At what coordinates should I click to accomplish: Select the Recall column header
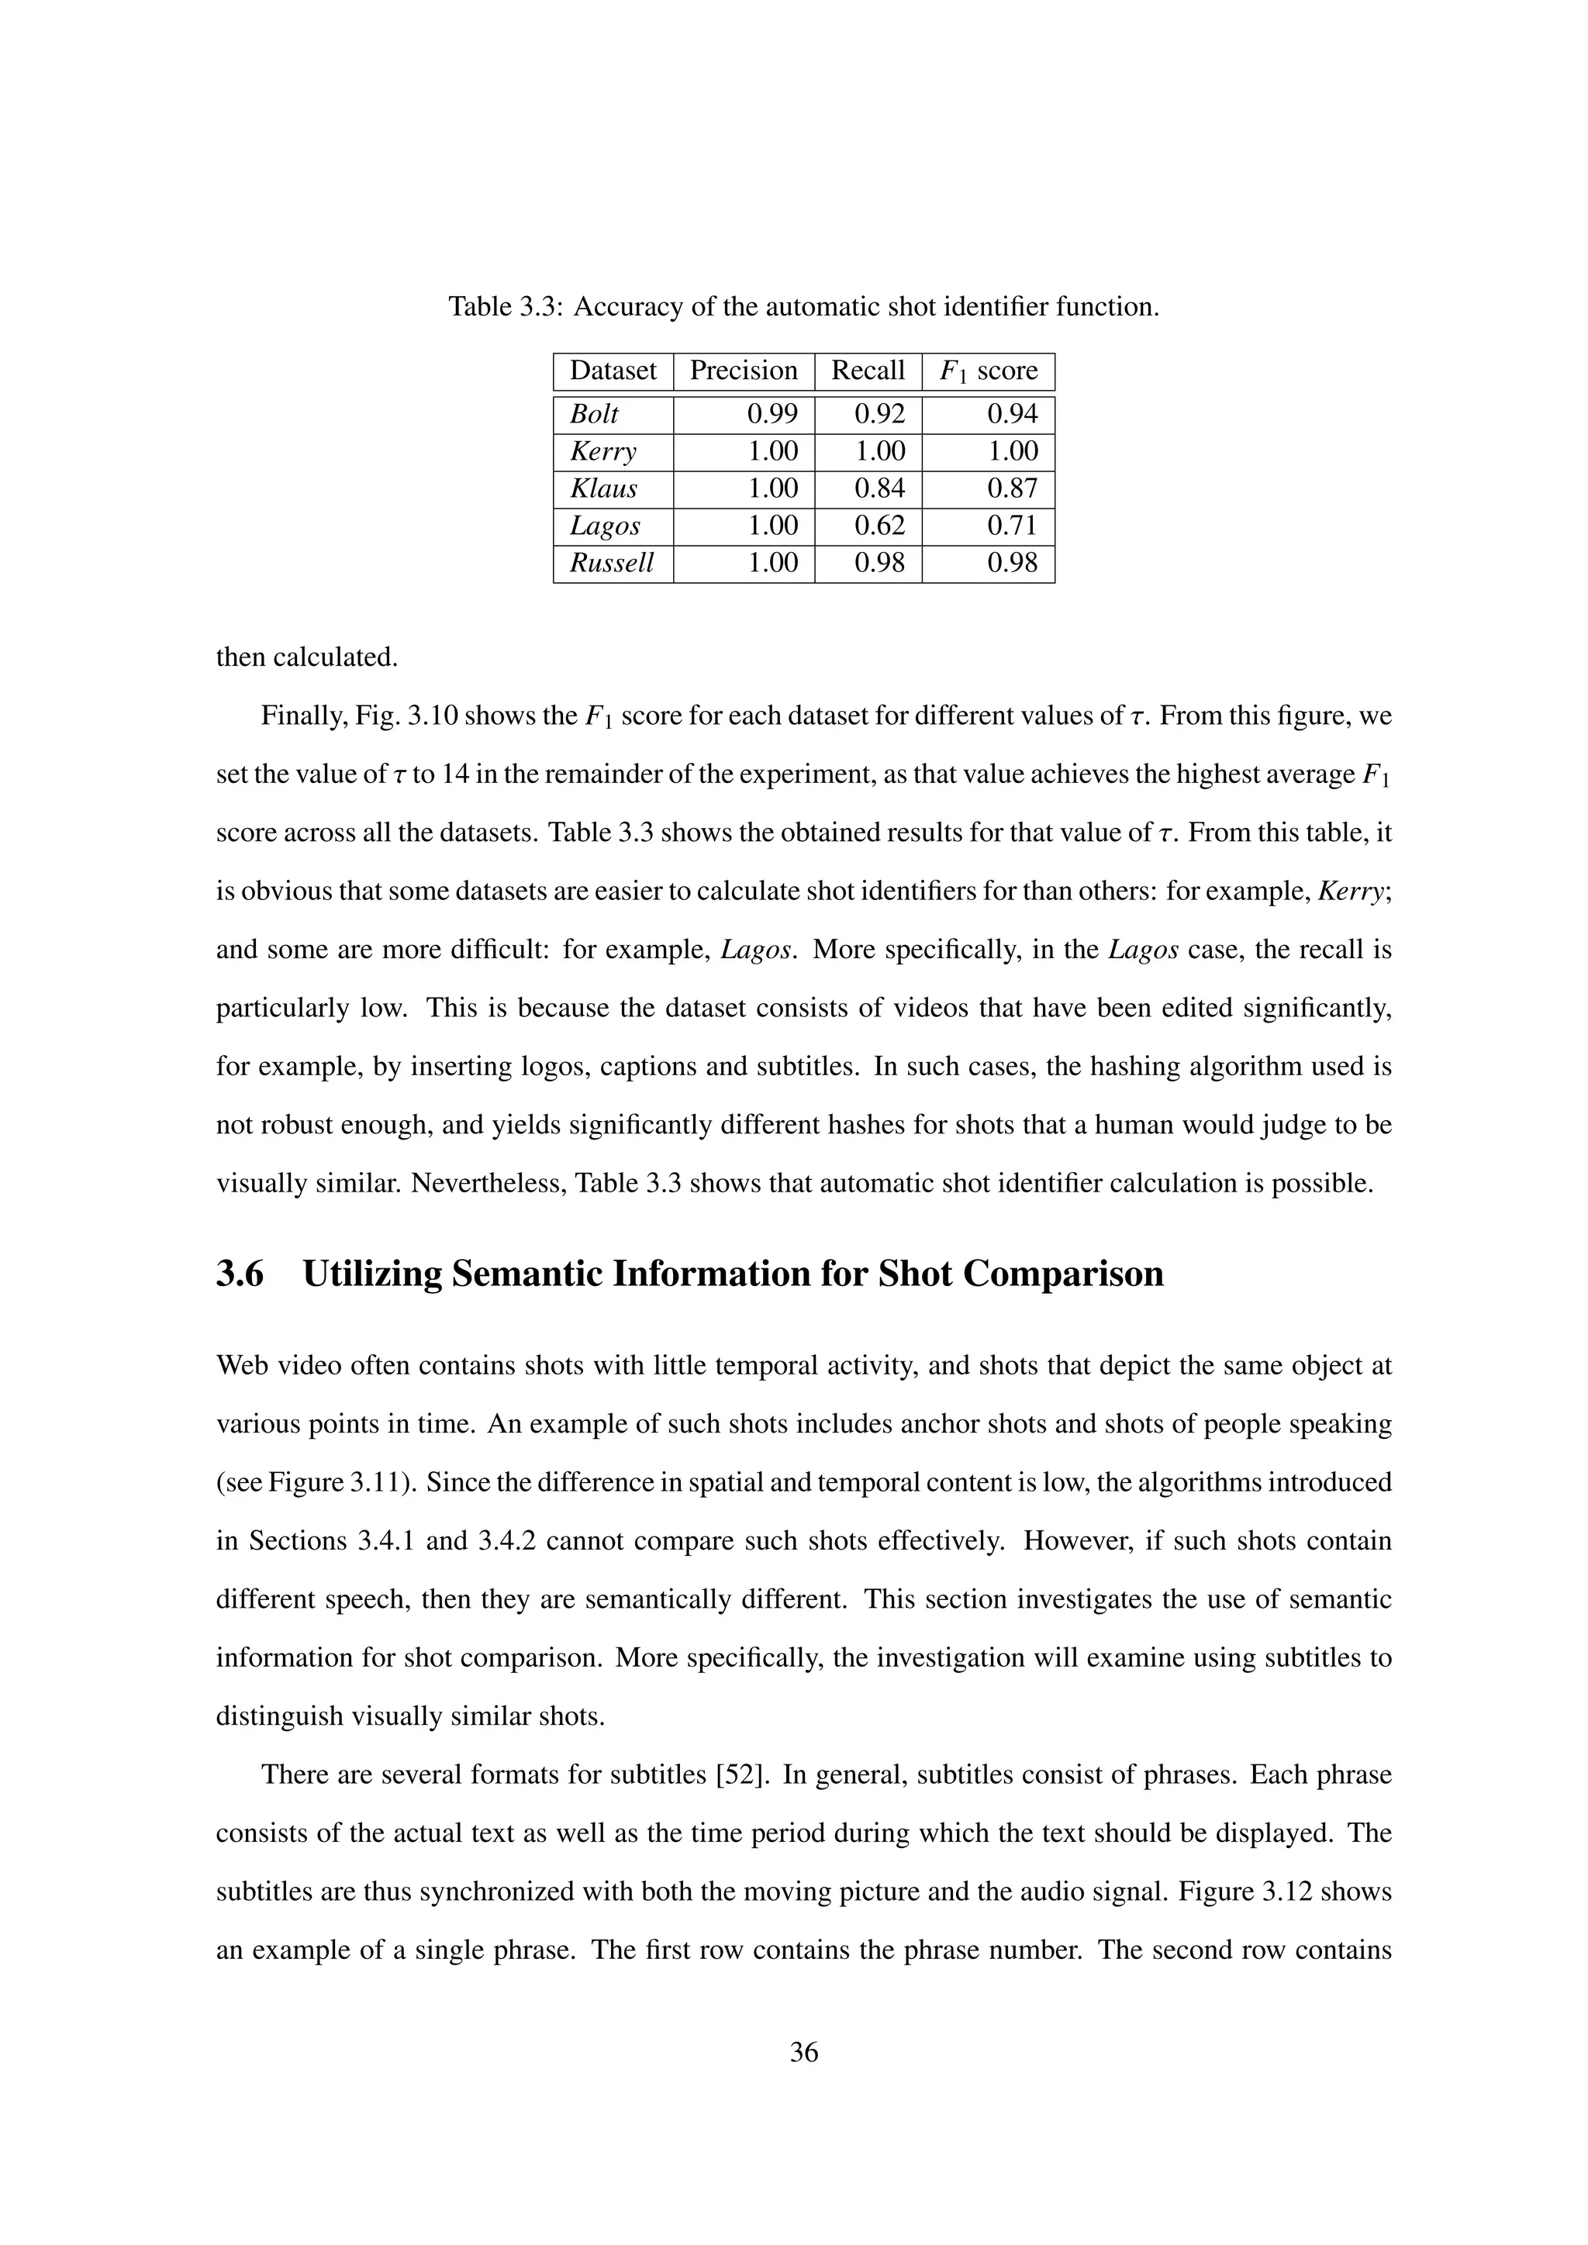(x=868, y=371)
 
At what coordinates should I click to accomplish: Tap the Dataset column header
(x=613, y=371)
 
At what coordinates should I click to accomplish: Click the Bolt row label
(x=595, y=415)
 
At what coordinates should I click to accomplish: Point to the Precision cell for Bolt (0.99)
(x=772, y=415)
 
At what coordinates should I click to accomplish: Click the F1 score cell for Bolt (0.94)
(x=1012, y=415)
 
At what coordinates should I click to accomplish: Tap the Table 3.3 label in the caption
(x=506, y=307)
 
